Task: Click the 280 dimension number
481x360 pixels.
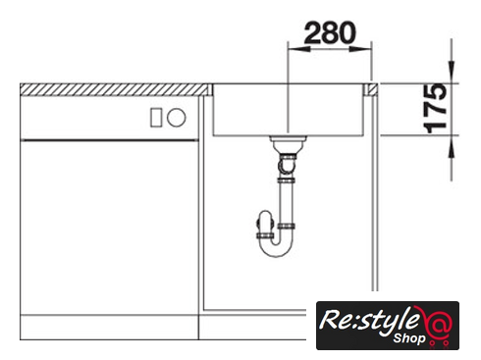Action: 330,32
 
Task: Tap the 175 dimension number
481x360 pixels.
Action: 436,109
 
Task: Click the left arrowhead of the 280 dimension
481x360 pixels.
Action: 298,49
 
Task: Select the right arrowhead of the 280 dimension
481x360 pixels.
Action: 360,49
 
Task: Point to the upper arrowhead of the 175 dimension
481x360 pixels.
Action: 452,72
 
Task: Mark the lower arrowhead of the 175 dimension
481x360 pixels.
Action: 452,146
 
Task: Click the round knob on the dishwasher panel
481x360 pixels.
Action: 177,118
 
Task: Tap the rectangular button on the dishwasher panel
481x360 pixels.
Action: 156,118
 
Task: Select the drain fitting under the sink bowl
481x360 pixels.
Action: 288,142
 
